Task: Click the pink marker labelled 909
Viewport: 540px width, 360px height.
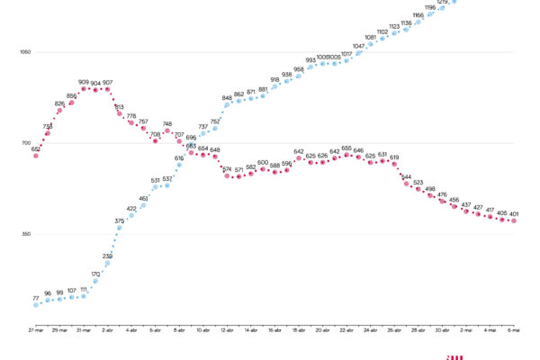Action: pyautogui.click(x=84, y=89)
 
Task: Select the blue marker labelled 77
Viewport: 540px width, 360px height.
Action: pyautogui.click(x=36, y=304)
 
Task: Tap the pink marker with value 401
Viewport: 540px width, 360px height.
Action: pyautogui.click(x=514, y=220)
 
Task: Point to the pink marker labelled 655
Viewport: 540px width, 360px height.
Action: pyautogui.click(x=346, y=156)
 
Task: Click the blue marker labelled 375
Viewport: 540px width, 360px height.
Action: pyautogui.click(x=120, y=228)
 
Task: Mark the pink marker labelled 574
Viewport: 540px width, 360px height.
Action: pyautogui.click(x=227, y=175)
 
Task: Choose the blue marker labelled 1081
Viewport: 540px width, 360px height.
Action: pyautogui.click(x=371, y=45)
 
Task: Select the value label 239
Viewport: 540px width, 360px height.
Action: pyautogui.click(x=108, y=256)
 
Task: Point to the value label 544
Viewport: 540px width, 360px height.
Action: pyautogui.click(x=406, y=176)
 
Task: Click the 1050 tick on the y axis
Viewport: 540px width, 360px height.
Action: pyautogui.click(x=25, y=52)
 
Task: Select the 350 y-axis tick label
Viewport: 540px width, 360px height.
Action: pyautogui.click(x=26, y=234)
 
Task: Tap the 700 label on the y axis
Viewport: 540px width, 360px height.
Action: pyautogui.click(x=26, y=143)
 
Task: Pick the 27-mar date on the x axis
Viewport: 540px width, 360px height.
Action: pyautogui.click(x=36, y=330)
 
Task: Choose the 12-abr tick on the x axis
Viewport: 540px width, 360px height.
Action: pyautogui.click(x=227, y=330)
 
